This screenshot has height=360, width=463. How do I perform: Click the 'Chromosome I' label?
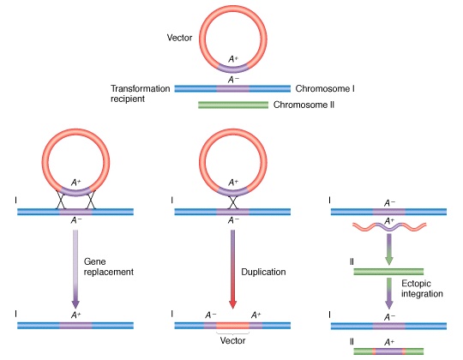point(325,88)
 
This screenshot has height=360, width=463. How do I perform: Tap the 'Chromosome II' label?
point(304,105)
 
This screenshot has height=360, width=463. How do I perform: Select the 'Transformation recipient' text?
point(141,93)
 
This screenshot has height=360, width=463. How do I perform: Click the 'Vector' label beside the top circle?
point(179,38)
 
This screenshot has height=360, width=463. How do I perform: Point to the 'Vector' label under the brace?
point(232,340)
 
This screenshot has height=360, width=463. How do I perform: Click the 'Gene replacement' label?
point(109,267)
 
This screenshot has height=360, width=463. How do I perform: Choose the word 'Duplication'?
point(263,272)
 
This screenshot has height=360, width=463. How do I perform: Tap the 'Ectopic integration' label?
point(422,289)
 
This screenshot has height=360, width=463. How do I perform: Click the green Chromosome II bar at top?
point(233,105)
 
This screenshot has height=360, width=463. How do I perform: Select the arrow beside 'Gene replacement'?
point(75,269)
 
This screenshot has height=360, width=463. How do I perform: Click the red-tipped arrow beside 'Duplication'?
point(232,269)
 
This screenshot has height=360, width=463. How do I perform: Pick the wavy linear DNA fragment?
point(389,226)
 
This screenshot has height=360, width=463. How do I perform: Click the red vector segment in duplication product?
point(232,326)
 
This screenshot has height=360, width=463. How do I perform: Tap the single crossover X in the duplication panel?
point(232,202)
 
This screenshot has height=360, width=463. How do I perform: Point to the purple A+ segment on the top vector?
point(233,69)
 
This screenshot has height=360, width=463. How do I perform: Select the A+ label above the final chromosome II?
point(389,342)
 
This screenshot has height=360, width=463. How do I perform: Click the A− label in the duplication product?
point(211,315)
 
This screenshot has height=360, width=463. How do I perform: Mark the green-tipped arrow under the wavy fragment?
point(389,249)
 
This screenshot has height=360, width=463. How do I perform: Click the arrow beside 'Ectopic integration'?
point(389,293)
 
